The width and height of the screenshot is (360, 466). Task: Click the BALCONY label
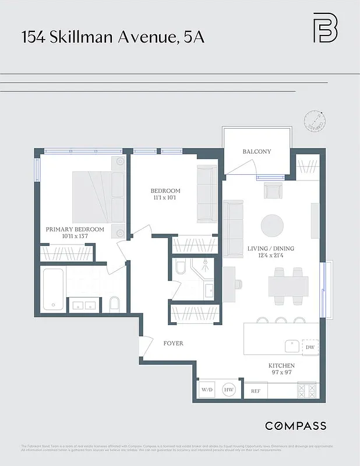tap(257, 151)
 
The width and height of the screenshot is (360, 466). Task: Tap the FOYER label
tap(173, 343)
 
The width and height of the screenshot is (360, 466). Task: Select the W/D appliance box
tap(207, 390)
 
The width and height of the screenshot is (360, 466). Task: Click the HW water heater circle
tap(229, 390)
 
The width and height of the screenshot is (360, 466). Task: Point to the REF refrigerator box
tap(255, 391)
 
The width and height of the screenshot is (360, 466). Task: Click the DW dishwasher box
tap(309, 347)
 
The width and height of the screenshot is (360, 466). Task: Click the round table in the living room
tap(272, 224)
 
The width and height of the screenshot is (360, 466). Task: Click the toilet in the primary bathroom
tap(114, 303)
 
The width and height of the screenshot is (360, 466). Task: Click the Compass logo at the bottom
tap(295, 426)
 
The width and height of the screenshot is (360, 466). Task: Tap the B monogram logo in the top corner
tap(325, 27)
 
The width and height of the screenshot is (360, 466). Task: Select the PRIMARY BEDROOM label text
tap(75, 230)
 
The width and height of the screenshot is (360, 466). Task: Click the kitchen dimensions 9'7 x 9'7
tap(281, 373)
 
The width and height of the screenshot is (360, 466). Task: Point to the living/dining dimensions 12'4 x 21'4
tap(271, 256)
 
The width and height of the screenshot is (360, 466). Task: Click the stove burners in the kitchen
tap(307, 390)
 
